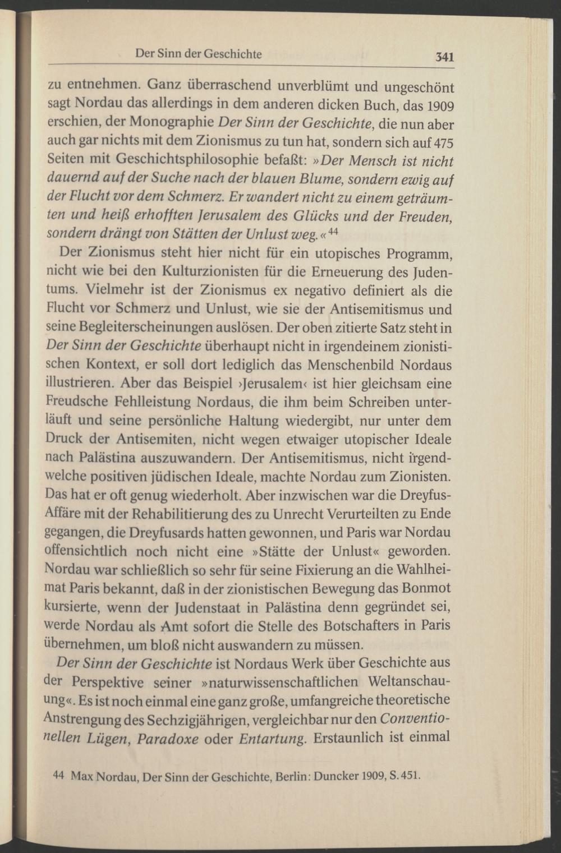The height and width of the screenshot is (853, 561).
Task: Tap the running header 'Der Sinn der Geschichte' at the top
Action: pyautogui.click(x=199, y=55)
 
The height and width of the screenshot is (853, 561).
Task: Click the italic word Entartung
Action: pyautogui.click(x=272, y=737)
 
